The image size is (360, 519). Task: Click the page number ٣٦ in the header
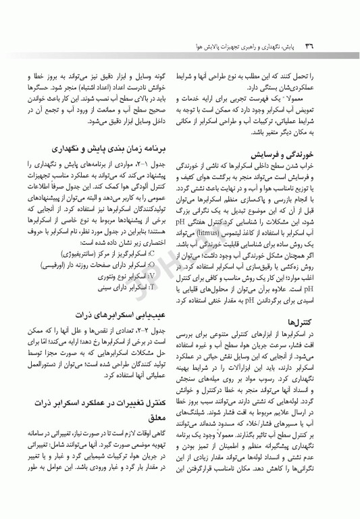[x=313, y=46]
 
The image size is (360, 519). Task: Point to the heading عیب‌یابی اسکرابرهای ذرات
[x=125, y=315]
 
